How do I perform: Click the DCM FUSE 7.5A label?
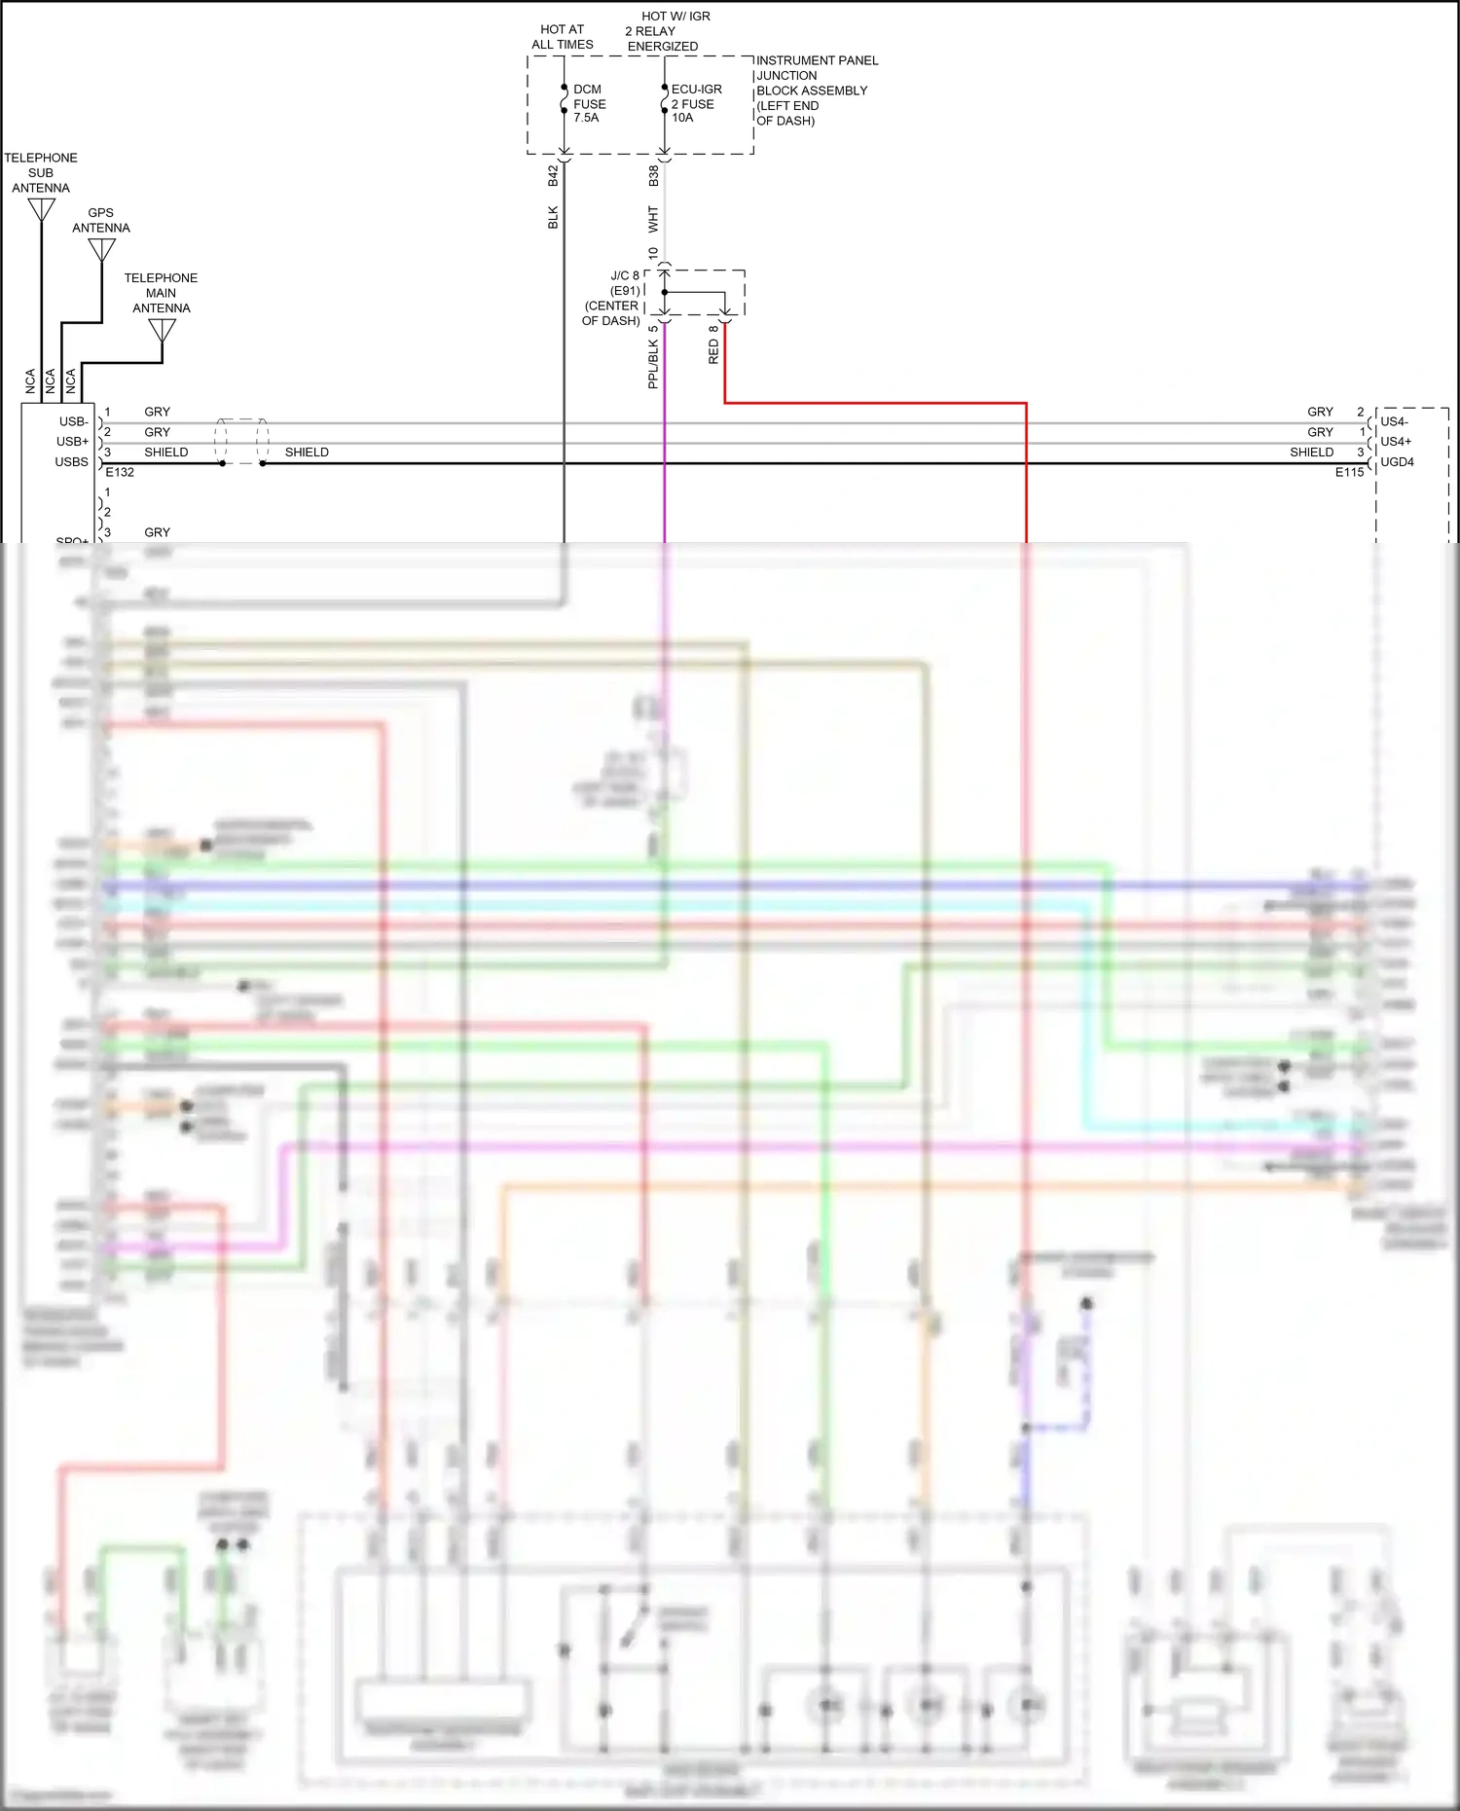point(589,103)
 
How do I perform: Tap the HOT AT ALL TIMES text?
point(562,37)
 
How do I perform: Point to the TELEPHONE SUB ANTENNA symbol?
point(41,209)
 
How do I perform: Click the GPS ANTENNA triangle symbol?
point(101,250)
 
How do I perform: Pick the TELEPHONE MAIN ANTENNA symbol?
point(162,330)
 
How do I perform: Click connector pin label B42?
point(553,175)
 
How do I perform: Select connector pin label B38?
point(653,175)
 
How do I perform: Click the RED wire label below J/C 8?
point(713,351)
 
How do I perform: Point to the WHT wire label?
point(653,218)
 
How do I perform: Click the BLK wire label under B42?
point(553,217)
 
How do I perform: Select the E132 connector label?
point(120,472)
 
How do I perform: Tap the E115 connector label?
point(1349,472)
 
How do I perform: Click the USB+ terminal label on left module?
point(72,442)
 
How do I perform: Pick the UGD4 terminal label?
point(1397,462)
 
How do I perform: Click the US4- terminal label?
point(1394,421)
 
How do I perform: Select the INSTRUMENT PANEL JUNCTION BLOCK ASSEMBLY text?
point(816,90)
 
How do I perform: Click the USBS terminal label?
point(71,462)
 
